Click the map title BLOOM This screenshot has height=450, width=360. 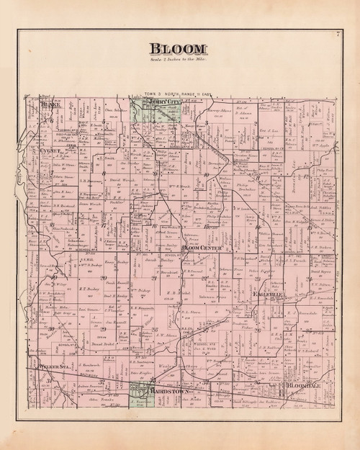178,48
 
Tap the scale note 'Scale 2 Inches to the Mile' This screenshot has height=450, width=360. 178,60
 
